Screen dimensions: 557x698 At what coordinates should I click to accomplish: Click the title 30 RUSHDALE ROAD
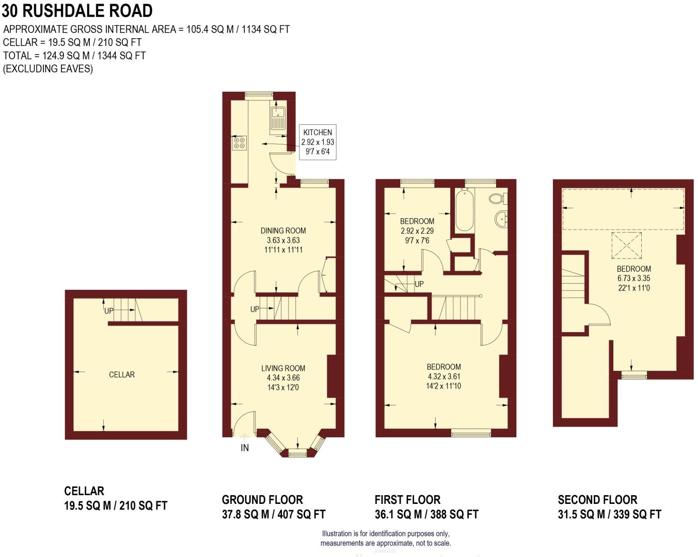click(x=77, y=11)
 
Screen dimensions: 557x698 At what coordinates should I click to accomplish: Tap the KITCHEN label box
click(x=318, y=142)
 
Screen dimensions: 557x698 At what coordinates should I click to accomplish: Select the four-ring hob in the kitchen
click(x=240, y=143)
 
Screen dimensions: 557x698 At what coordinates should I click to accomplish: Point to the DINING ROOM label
click(x=283, y=231)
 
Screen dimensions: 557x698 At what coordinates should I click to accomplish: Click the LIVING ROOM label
click(x=283, y=368)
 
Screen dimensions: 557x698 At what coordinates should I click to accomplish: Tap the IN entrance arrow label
click(x=245, y=448)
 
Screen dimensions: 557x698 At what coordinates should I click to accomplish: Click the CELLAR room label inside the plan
click(x=122, y=374)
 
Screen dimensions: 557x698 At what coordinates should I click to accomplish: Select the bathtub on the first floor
click(x=464, y=210)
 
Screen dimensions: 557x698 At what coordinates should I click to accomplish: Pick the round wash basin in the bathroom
click(x=501, y=219)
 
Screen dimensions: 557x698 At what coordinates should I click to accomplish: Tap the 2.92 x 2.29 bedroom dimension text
click(x=417, y=231)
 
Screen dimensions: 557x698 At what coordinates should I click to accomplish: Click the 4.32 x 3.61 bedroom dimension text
click(x=443, y=376)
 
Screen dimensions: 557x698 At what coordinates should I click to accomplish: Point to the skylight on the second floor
click(x=626, y=245)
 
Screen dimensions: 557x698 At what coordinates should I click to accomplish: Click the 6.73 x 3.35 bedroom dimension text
click(x=633, y=278)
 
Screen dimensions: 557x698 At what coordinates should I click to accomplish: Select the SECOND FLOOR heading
click(x=597, y=500)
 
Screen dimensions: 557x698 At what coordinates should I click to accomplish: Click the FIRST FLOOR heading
click(x=407, y=500)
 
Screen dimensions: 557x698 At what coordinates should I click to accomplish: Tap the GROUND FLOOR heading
click(x=262, y=500)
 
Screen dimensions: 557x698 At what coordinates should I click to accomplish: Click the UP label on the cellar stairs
click(x=109, y=311)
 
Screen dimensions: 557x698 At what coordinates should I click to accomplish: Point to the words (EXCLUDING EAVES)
click(x=48, y=69)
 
